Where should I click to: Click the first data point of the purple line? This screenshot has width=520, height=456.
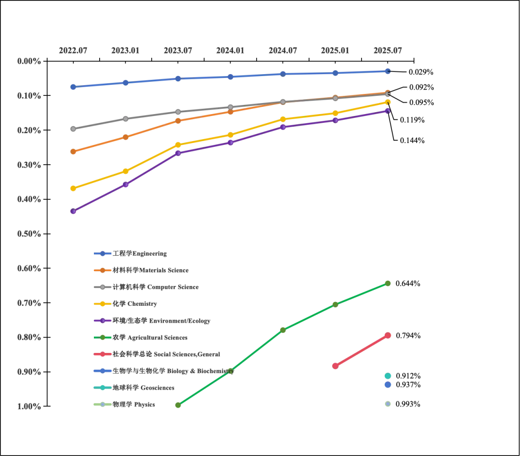(73, 211)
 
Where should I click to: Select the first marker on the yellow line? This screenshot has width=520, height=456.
(73, 188)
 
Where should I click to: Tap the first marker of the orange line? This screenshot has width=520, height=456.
(73, 152)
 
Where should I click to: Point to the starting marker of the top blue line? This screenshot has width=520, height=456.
(73, 87)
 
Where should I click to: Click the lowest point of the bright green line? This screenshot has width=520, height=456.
(177, 405)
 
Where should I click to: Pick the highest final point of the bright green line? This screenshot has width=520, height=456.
(389, 283)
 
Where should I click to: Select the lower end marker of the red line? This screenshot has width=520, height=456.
(335, 366)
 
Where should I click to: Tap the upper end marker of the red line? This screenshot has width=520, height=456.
(389, 335)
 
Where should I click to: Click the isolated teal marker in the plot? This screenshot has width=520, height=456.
(388, 376)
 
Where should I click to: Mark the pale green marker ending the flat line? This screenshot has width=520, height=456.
(388, 404)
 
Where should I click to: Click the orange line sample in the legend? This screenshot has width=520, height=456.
(102, 270)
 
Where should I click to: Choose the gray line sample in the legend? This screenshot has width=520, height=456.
(102, 287)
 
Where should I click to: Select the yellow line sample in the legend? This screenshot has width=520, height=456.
(102, 304)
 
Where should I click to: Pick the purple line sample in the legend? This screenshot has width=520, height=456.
(102, 320)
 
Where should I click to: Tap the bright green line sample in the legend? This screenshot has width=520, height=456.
(102, 337)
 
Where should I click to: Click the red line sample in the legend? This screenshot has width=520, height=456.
(102, 354)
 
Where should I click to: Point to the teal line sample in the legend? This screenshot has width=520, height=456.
(102, 388)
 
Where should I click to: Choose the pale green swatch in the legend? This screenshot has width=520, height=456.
(102, 404)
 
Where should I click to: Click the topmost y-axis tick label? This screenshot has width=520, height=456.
(28, 62)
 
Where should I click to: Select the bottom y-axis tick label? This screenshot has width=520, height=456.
(28, 407)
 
